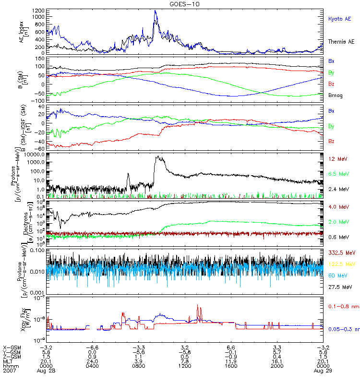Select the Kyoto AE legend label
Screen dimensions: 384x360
coord(339,19)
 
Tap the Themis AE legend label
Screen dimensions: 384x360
coord(341,42)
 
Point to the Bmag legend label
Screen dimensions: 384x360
coord(335,96)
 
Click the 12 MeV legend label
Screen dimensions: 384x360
coord(337,159)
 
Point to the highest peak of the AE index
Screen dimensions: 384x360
coord(155,11)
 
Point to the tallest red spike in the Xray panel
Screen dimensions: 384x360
coord(197,305)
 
